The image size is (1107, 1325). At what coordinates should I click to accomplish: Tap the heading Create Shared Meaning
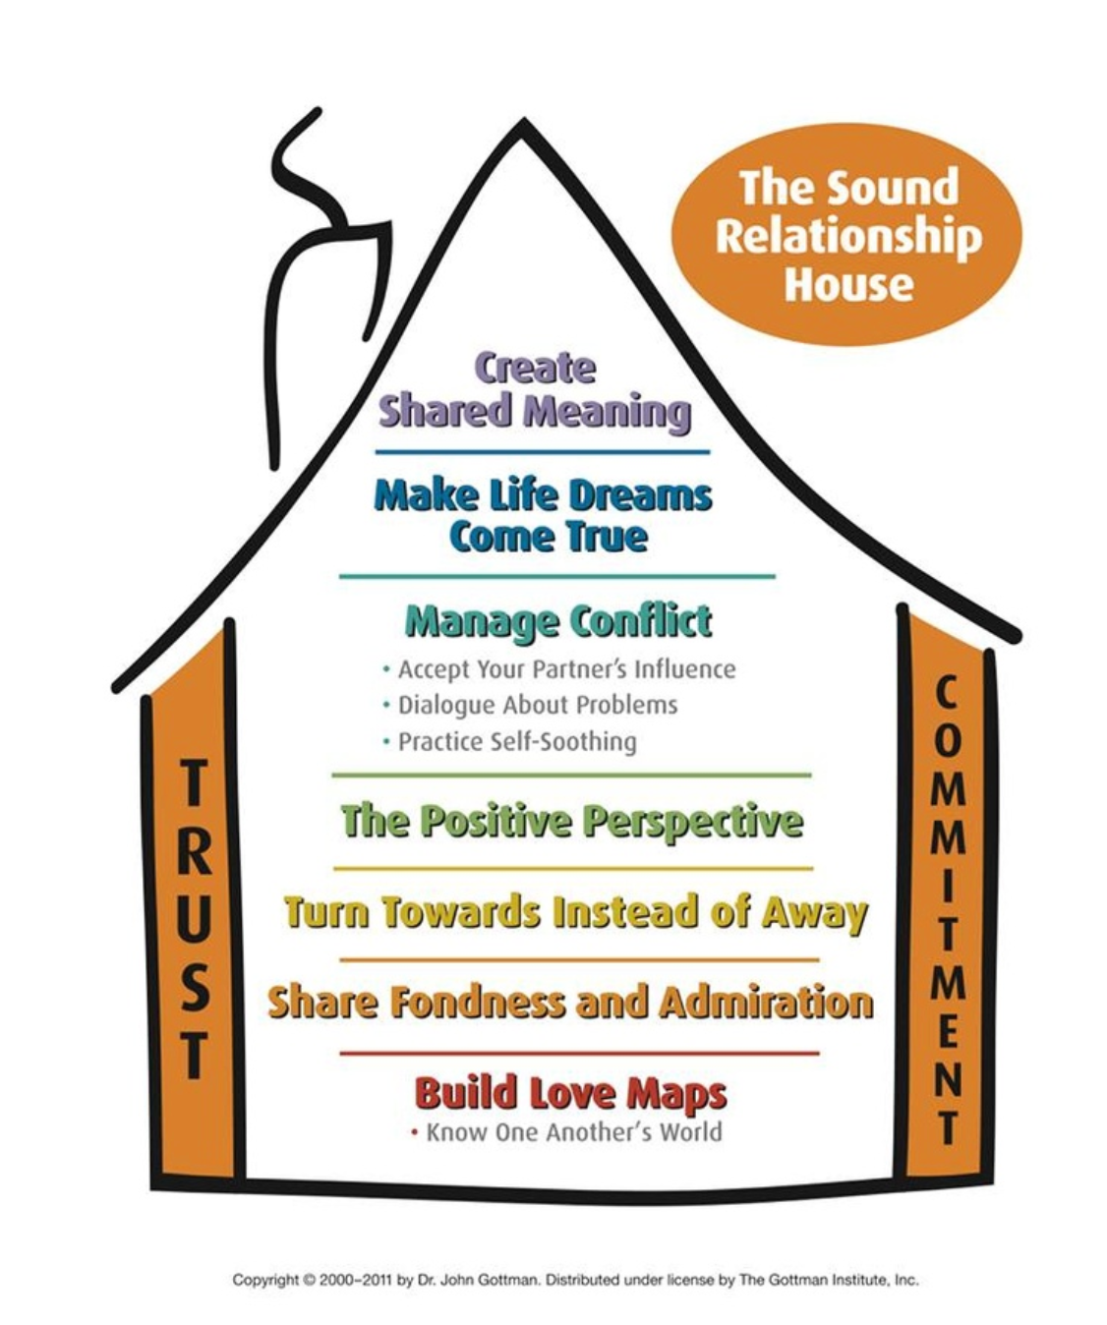coord(535,392)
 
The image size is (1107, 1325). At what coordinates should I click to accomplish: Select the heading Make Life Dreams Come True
coord(544,516)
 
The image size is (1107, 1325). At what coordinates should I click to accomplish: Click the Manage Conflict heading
coord(558,622)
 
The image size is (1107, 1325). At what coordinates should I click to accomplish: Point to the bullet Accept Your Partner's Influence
coord(559,669)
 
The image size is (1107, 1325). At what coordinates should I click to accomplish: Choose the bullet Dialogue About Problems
coord(530,706)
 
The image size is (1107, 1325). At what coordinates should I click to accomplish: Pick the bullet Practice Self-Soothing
coord(509,742)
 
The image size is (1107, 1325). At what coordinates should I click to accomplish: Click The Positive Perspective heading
coord(572,822)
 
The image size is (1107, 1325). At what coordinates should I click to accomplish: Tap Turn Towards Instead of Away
coord(576,913)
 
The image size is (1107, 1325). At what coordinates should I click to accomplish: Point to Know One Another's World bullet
coord(566,1132)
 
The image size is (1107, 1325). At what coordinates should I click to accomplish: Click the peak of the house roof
coord(522,123)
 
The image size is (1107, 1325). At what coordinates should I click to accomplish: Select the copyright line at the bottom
coord(576,1280)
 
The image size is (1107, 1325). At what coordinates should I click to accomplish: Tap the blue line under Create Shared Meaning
coord(543,452)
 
